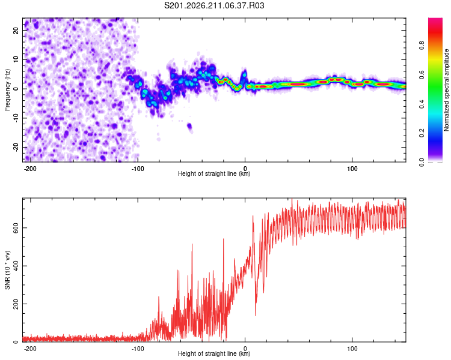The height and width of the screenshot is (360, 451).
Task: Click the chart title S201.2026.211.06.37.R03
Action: pos(214,5)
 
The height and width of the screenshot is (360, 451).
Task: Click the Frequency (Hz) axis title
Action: pos(7,90)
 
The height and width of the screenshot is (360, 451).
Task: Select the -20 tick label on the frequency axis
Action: pos(16,147)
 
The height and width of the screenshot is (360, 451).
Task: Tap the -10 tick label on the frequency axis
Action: pos(16,118)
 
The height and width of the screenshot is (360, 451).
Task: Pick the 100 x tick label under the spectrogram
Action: pos(352,169)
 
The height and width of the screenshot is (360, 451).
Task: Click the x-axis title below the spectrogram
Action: pos(214,173)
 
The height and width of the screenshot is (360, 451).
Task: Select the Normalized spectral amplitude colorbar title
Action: pos(446,90)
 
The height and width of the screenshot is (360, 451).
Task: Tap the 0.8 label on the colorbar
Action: pos(422,46)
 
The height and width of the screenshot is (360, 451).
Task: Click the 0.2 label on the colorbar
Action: pos(422,133)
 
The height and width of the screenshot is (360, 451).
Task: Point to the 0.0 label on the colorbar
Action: pos(422,162)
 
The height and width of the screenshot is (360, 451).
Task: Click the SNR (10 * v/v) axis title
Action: pos(7,270)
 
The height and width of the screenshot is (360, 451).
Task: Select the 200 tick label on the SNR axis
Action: pos(16,304)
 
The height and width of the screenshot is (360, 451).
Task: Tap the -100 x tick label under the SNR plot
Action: pos(138,349)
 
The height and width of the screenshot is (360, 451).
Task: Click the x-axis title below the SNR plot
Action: pos(214,353)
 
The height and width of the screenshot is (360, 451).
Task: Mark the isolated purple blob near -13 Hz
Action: pos(189,127)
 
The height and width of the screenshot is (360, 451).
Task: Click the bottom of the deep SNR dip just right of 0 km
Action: pos(256,316)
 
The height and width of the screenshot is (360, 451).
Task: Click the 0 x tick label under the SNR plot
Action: pos(245,349)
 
